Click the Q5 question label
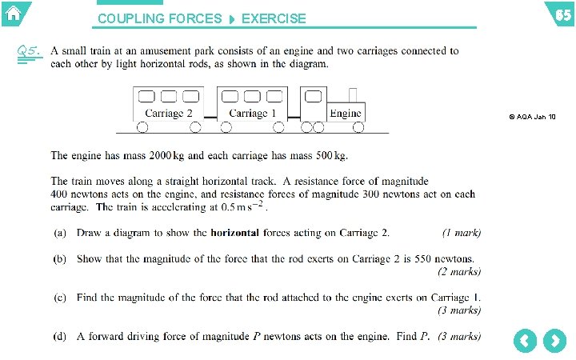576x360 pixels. point(27,51)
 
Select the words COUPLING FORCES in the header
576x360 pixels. point(160,18)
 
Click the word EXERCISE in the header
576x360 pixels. point(273,18)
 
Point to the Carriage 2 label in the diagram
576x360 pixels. point(169,114)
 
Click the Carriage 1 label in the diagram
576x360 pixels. point(253,114)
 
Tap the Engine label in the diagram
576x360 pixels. point(346,113)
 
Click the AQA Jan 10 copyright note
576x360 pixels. point(532,117)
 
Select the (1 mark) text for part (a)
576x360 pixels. point(462,233)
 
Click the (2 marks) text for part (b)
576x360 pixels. point(459,271)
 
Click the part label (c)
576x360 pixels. point(60,298)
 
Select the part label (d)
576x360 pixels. point(60,336)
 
